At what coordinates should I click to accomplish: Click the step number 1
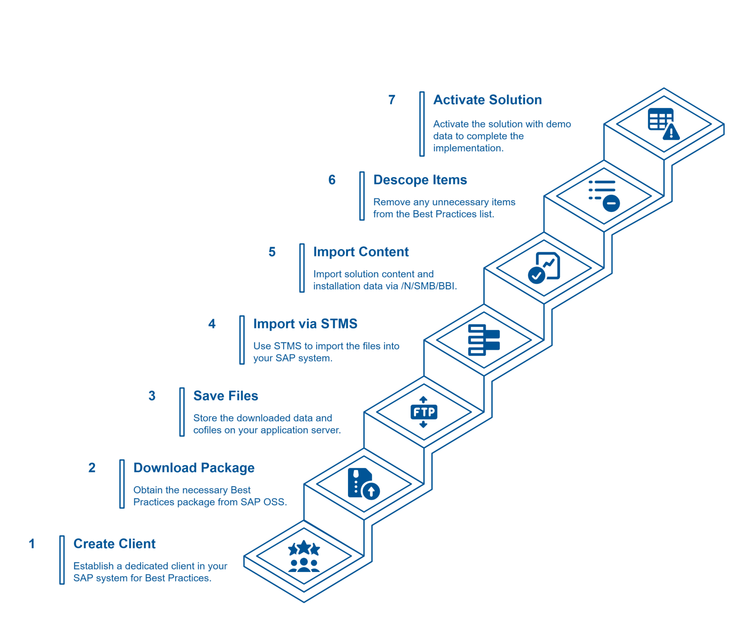coord(32,544)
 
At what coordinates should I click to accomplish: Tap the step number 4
coord(212,324)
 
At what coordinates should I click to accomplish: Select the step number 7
coord(392,100)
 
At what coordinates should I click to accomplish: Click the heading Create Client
coord(114,544)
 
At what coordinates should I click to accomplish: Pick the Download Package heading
coord(194,468)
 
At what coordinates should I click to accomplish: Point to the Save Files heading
coord(225,396)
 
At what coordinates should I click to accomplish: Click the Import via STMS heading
coord(305,324)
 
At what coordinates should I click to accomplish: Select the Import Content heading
coord(361,252)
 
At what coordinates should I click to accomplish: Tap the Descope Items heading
coord(420,180)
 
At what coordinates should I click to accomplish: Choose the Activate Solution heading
coord(487,100)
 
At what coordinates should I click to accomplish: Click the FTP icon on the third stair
coord(424,412)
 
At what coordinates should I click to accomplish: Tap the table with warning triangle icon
coord(663,124)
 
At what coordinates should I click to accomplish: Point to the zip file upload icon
coord(363,484)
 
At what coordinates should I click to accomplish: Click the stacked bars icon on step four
coord(484,340)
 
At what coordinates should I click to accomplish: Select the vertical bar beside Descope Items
coord(362,196)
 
